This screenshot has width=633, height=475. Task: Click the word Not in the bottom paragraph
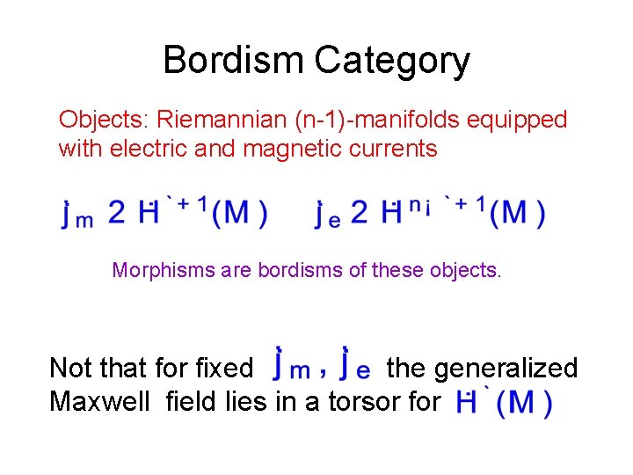(71, 367)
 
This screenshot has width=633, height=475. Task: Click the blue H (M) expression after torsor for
(505, 403)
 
